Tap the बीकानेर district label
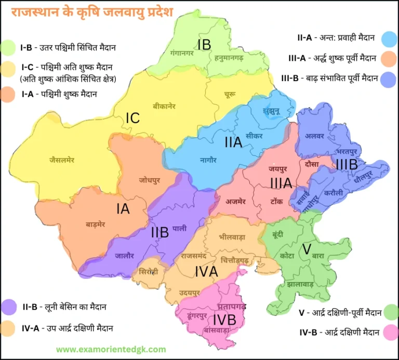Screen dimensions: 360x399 [164, 106]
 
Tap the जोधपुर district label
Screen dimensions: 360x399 [150, 180]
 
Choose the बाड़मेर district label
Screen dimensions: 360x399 [96, 225]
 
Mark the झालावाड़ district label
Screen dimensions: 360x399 [300, 285]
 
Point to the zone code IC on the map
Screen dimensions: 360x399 [132, 118]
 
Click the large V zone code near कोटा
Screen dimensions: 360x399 [307, 249]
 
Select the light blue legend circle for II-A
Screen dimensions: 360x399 [389, 38]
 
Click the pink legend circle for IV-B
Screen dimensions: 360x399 [389, 331]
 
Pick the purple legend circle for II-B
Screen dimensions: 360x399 [9, 308]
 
